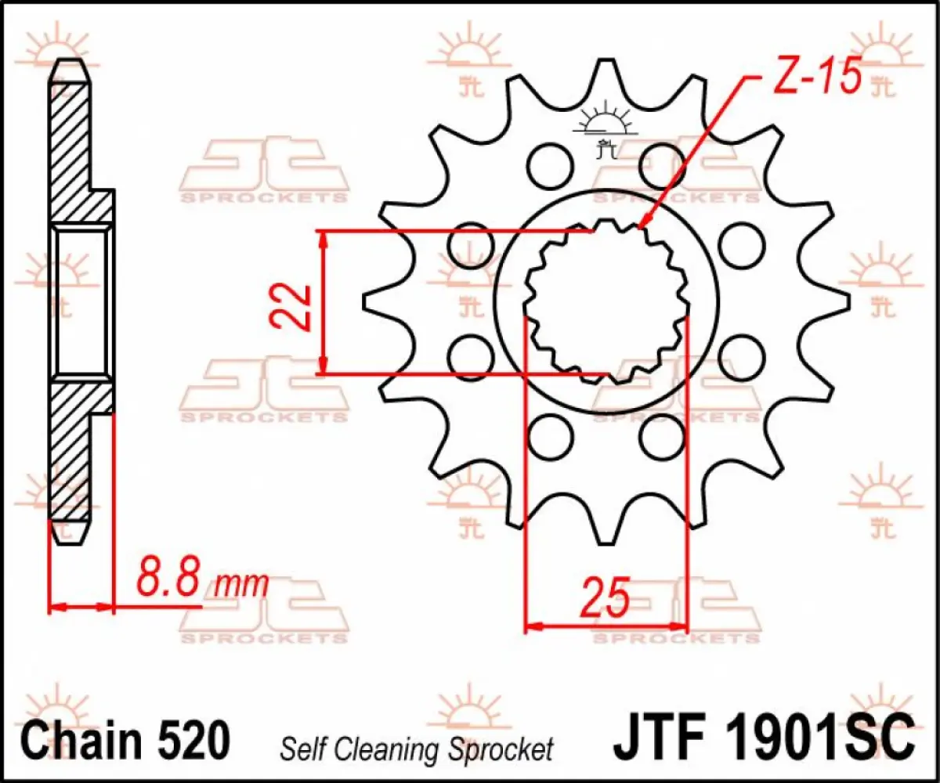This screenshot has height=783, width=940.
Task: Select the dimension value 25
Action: (606, 599)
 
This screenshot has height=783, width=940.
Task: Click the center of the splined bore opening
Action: (606, 301)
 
